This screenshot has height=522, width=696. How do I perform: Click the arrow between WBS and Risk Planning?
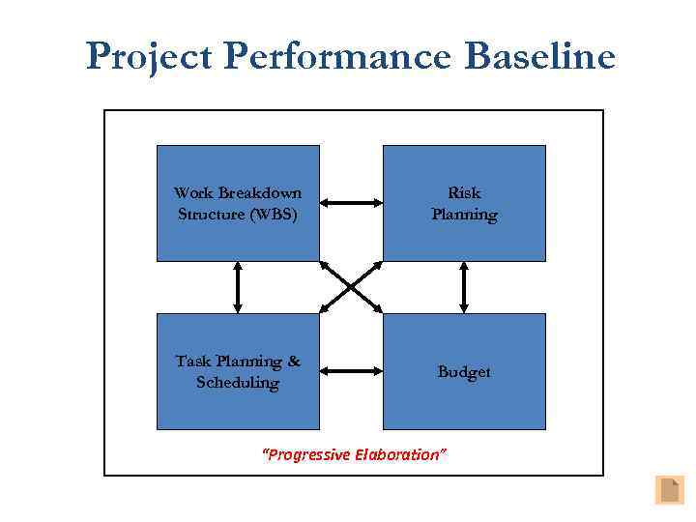[351, 203]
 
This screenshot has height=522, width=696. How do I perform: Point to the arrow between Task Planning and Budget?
[351, 370]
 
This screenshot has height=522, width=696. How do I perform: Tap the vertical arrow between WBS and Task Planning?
[238, 287]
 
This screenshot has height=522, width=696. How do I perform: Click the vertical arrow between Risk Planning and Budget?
[464, 287]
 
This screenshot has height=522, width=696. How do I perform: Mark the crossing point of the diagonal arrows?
[351, 287]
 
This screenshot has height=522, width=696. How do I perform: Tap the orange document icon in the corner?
[669, 490]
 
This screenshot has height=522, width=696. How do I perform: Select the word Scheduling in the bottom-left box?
[238, 383]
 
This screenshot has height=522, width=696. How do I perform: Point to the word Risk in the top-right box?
[464, 193]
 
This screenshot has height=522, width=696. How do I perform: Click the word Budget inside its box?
[464, 372]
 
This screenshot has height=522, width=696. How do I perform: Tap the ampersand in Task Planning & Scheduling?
[292, 362]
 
